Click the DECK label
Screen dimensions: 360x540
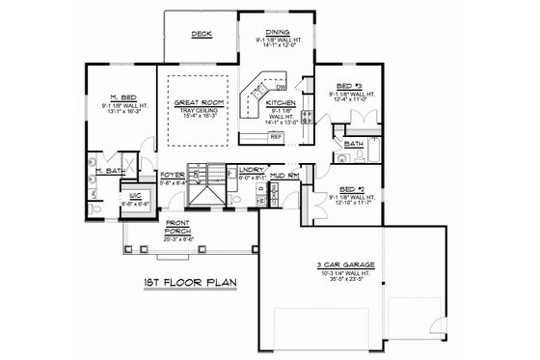pyautogui.click(x=201, y=34)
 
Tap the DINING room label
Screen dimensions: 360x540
pyautogui.click(x=277, y=31)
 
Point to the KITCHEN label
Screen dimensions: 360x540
pyautogui.click(x=280, y=101)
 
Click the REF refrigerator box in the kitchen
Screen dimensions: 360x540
pyautogui.click(x=276, y=136)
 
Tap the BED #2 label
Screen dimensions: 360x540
pyautogui.click(x=340, y=190)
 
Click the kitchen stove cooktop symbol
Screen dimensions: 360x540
pyautogui.click(x=307, y=120)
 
